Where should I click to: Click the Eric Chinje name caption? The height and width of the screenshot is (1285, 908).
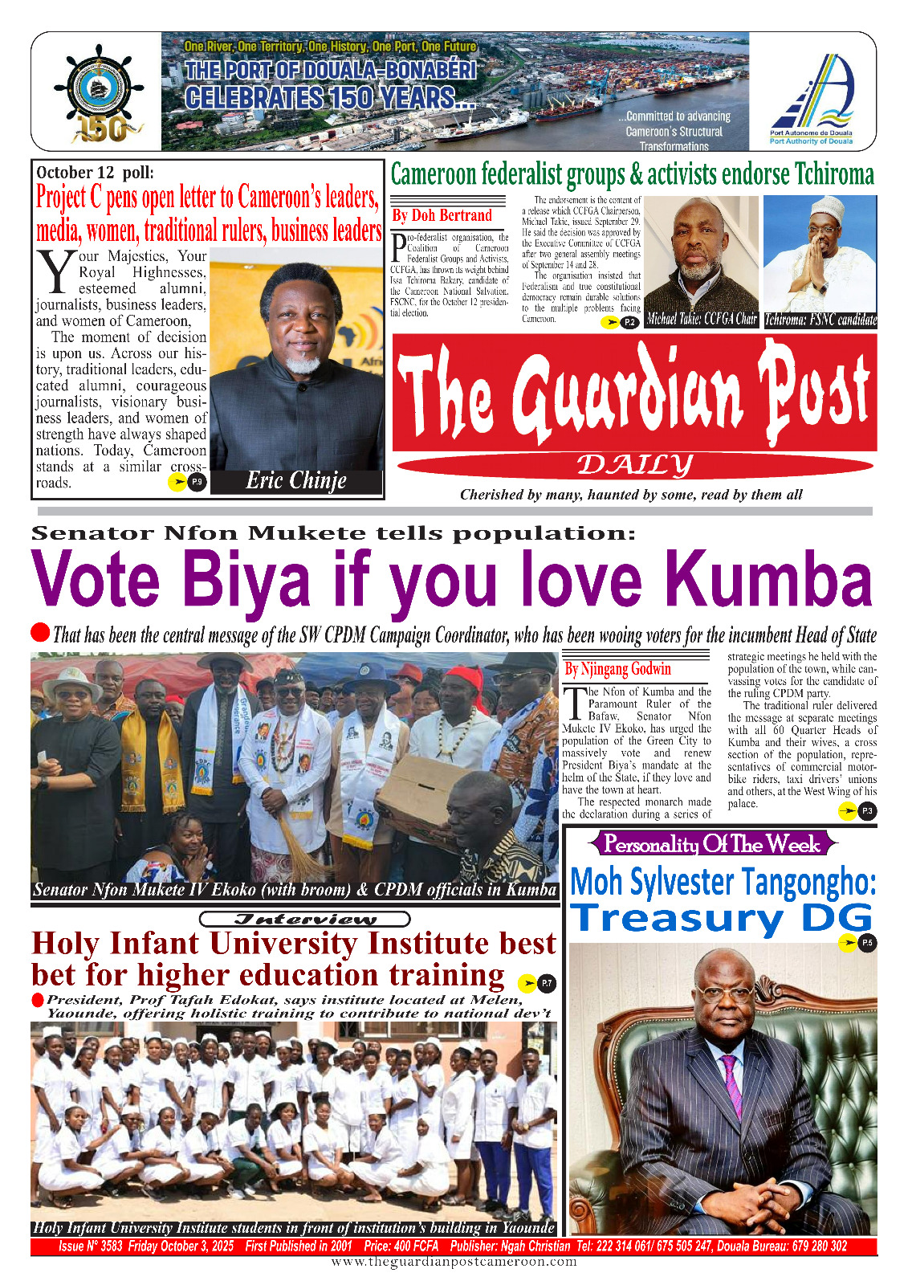(295, 481)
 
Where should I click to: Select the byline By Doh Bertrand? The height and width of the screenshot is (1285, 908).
(442, 215)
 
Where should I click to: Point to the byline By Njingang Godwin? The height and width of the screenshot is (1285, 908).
(617, 669)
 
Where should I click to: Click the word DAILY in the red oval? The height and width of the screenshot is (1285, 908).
(634, 465)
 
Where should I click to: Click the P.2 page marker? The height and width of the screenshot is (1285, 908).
(629, 323)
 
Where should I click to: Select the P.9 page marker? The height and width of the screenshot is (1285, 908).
(197, 482)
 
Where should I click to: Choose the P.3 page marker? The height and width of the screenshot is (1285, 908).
(867, 811)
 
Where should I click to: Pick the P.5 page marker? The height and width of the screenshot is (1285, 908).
(866, 943)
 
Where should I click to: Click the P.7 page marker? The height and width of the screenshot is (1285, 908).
(546, 982)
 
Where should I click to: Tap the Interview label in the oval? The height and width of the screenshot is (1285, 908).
(304, 919)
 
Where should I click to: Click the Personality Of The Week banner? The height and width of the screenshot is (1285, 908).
(712, 844)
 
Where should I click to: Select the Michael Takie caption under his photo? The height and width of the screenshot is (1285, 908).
(702, 319)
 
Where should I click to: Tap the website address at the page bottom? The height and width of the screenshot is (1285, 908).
(454, 1262)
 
